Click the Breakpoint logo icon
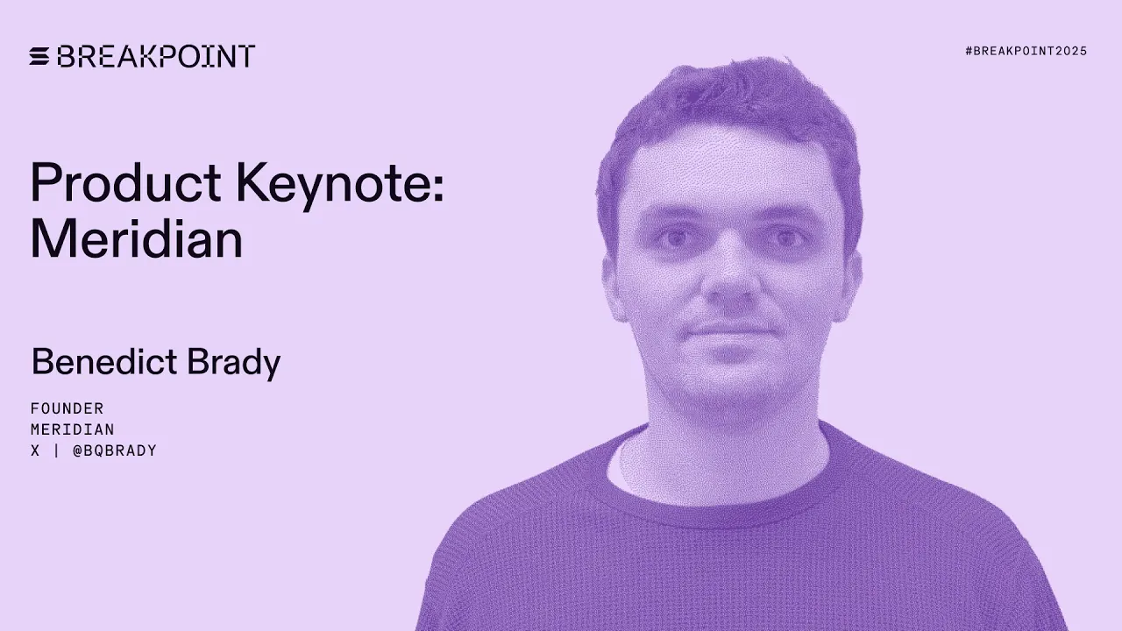pos(40,57)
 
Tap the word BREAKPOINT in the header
pos(156,57)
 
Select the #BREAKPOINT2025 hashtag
pos(1026,51)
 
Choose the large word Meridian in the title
pos(136,238)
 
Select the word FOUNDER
pos(67,408)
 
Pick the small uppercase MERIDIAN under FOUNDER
pos(73,429)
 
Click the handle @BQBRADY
pos(115,450)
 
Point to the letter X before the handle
pos(35,450)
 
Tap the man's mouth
pos(729,330)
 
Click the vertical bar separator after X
pos(56,450)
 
